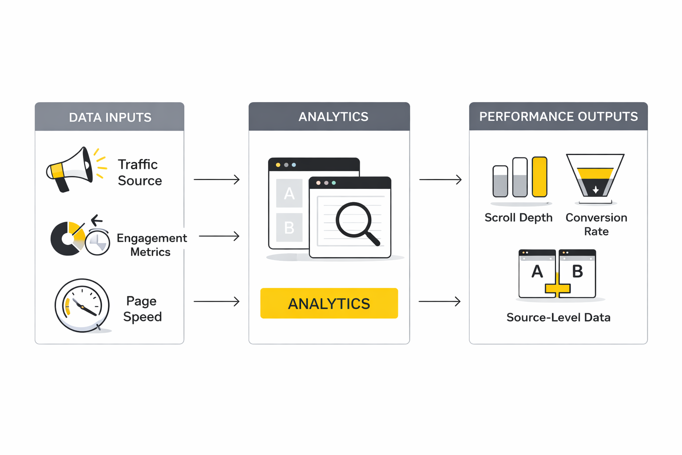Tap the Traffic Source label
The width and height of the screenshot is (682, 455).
139,172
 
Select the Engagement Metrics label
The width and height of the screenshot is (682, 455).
151,245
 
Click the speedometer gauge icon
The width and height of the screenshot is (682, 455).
82,306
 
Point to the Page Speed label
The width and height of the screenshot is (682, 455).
142,309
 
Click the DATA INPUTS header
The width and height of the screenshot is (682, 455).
110,117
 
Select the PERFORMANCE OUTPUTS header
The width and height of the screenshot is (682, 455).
558,116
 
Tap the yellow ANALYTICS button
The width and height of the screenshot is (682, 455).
329,303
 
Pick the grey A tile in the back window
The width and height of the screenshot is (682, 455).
289,193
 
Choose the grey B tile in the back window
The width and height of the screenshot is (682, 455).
289,227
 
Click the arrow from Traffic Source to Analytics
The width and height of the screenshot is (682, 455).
217,180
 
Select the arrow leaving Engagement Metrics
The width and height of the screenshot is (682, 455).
219,236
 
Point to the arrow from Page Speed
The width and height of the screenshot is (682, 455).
217,301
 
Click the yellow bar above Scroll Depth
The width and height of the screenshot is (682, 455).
539,176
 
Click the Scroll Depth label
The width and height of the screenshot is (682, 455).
518,218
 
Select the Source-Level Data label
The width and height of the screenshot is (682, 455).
558,317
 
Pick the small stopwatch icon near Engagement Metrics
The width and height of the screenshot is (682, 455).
98,242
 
